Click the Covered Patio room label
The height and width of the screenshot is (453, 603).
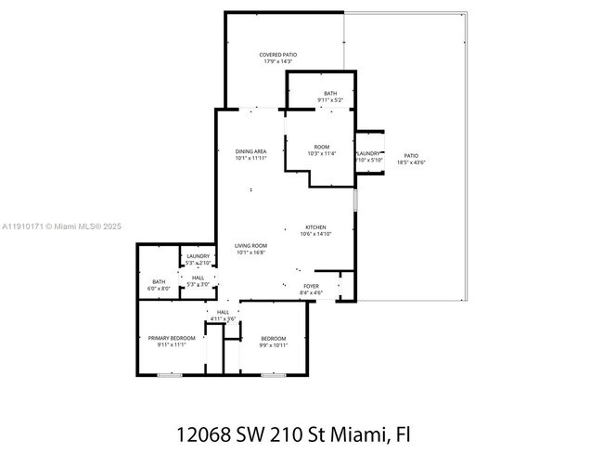click(x=277, y=55)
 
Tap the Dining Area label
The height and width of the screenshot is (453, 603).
click(x=250, y=151)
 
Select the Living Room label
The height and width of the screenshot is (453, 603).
click(x=250, y=245)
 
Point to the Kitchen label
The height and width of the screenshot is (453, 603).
click(x=316, y=227)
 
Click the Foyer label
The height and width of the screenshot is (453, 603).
click(x=310, y=286)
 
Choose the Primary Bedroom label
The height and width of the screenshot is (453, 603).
click(x=172, y=338)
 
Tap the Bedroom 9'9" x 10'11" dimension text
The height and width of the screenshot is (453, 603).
click(x=273, y=345)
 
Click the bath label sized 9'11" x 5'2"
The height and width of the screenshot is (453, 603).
click(x=330, y=94)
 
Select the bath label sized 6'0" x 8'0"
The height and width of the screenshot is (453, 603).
click(x=159, y=281)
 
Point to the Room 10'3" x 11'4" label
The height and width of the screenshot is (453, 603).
click(x=321, y=147)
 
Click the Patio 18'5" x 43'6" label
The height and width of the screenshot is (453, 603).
click(x=409, y=156)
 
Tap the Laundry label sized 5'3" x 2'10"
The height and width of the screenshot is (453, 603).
click(x=198, y=256)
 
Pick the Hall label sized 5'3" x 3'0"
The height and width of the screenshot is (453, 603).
click(x=199, y=277)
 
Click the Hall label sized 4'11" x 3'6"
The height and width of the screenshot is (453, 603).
click(x=223, y=312)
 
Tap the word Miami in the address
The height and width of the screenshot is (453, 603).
click(x=359, y=434)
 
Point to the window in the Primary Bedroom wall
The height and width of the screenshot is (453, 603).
click(x=170, y=375)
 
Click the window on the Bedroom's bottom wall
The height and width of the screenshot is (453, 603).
click(x=273, y=375)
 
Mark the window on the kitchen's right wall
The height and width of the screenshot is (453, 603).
click(x=355, y=201)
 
